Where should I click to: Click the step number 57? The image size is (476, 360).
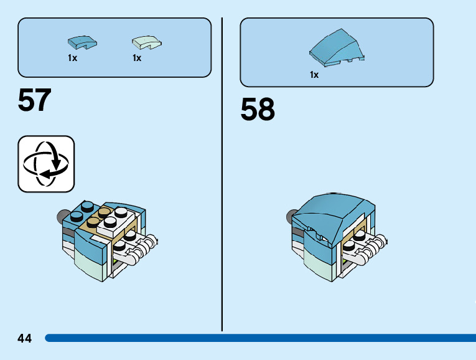(x=35, y=100)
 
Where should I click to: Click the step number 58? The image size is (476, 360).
(x=258, y=110)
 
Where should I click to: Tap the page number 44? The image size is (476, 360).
(x=25, y=338)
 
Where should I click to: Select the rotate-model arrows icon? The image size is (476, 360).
(x=46, y=164)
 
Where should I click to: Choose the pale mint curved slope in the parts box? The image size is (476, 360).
(x=146, y=42)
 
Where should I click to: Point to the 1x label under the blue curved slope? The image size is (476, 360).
(x=72, y=58)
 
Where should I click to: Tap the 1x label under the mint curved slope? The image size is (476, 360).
(x=137, y=58)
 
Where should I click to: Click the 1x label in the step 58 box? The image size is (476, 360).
(x=314, y=75)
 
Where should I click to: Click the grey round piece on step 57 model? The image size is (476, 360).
(x=62, y=217)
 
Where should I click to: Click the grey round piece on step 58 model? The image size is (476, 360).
(x=291, y=216)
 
